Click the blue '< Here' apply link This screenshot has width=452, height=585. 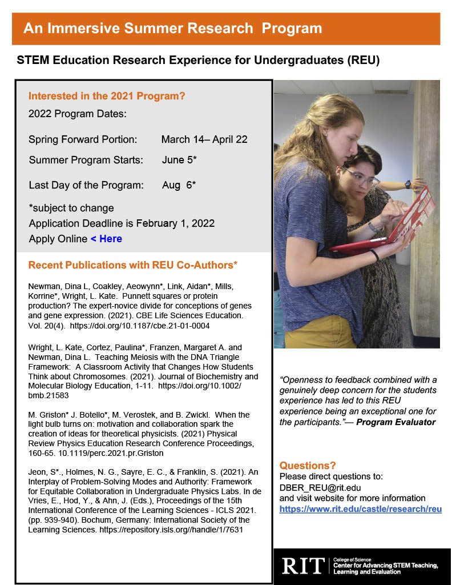(106, 239)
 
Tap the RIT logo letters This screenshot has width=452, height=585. (303, 566)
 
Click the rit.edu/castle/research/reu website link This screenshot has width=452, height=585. (360, 509)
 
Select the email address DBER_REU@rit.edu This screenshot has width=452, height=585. (320, 487)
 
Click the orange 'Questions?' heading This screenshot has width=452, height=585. (308, 466)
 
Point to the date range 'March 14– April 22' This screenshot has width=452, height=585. (204, 139)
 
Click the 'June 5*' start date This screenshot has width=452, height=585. (179, 160)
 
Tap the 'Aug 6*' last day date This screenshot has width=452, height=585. (179, 185)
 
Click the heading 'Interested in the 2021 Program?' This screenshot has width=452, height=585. (107, 96)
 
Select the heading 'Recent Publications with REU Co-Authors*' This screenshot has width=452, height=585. (133, 265)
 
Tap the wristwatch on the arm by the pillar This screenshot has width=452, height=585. (407, 184)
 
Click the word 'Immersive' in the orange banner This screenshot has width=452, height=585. (107, 28)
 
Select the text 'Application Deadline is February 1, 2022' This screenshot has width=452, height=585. (122, 223)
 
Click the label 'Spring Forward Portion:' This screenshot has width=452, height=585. (83, 139)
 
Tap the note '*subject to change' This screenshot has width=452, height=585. (71, 208)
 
